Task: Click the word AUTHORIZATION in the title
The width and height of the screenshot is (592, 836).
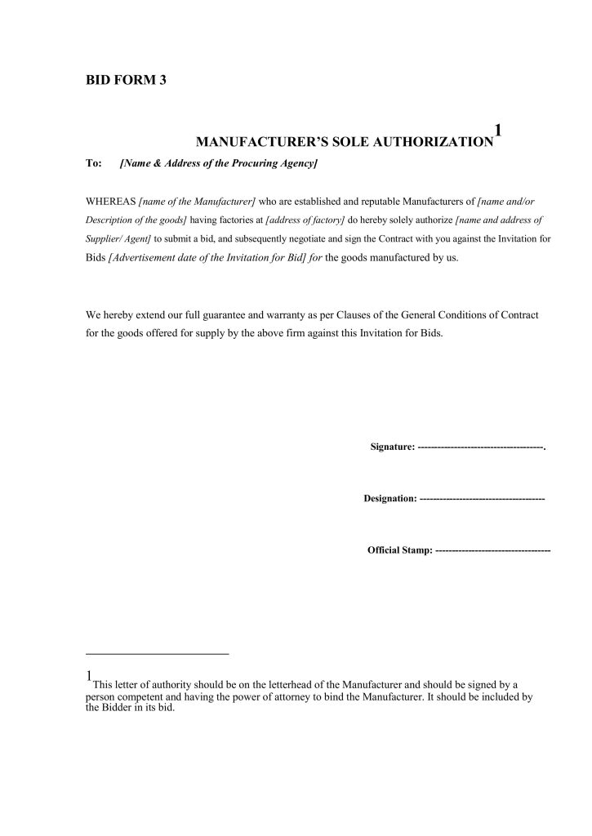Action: click(x=434, y=142)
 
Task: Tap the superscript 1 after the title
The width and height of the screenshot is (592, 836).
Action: click(x=498, y=130)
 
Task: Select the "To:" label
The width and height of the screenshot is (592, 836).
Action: click(x=93, y=164)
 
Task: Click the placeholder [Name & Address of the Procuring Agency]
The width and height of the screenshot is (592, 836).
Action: click(x=218, y=164)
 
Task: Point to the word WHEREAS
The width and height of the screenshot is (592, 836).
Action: click(x=111, y=201)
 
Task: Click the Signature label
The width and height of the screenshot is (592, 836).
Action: click(x=392, y=447)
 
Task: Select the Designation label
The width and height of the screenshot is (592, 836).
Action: click(x=389, y=497)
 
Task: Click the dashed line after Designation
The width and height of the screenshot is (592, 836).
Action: click(x=482, y=497)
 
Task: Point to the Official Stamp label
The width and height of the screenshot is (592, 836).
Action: click(x=399, y=550)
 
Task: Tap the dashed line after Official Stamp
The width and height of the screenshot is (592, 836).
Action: click(x=493, y=550)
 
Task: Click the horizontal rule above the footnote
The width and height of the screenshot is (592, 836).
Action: click(x=157, y=654)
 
